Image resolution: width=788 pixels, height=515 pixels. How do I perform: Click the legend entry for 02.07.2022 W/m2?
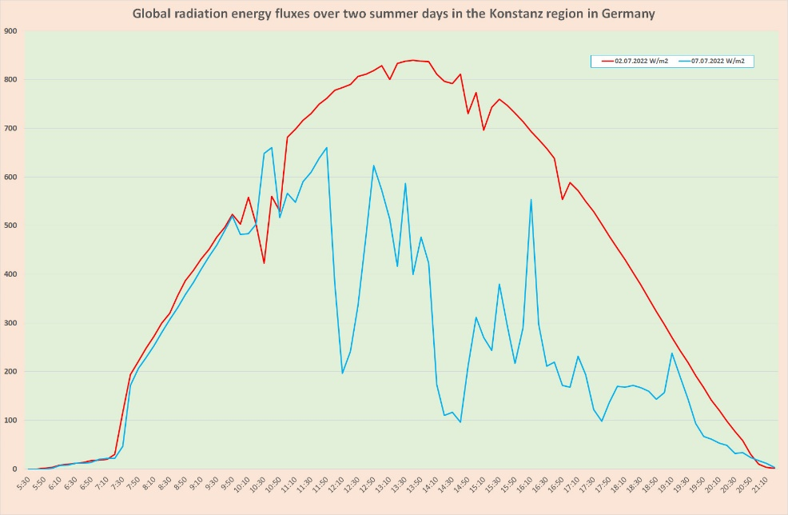640,60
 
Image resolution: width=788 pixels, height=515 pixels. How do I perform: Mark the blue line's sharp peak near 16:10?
531,200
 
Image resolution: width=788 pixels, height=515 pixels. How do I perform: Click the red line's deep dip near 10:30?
264,263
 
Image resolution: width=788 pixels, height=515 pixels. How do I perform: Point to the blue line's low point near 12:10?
342,373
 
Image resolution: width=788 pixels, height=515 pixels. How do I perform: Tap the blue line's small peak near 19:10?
672,353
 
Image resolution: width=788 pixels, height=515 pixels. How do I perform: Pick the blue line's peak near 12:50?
373,166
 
